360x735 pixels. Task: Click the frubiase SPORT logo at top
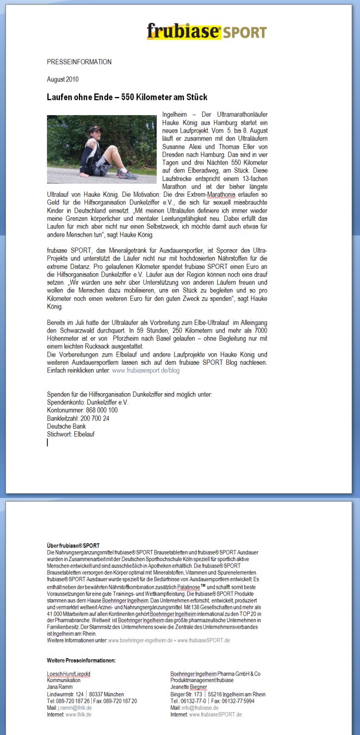click(206, 32)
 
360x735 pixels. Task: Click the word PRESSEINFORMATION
click(79, 62)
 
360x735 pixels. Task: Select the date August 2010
click(63, 80)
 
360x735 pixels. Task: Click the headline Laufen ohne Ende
click(127, 97)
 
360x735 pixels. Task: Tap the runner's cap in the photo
click(95, 129)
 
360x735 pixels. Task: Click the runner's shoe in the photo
click(127, 175)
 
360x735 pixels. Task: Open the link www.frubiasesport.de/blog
click(146, 370)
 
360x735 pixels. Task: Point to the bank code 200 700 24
click(93, 418)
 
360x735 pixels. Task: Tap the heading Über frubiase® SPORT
click(73, 545)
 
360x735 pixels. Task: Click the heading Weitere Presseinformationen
click(81, 660)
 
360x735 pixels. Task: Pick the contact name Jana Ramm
click(61, 687)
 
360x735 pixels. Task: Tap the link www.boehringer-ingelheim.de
click(141, 640)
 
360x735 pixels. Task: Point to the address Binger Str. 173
click(186, 694)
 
